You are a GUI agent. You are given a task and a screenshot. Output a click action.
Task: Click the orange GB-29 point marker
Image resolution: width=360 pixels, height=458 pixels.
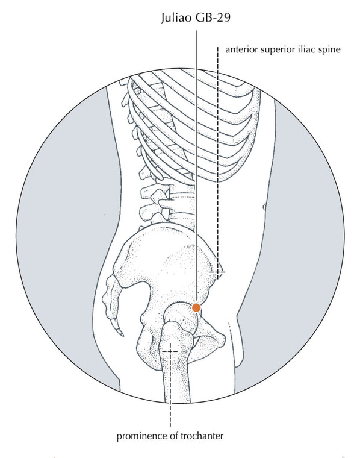click(196, 307)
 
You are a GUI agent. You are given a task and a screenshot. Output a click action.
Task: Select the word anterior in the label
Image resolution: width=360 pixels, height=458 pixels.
click(241, 49)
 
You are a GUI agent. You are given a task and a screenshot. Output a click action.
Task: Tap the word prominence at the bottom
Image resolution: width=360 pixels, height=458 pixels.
click(142, 437)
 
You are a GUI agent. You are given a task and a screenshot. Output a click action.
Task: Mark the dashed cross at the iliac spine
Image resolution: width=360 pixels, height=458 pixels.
click(218, 272)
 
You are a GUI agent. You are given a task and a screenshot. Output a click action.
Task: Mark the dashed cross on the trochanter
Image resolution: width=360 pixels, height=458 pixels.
click(170, 351)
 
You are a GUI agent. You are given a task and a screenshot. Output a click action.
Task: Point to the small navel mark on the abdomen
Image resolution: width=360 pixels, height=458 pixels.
click(264, 207)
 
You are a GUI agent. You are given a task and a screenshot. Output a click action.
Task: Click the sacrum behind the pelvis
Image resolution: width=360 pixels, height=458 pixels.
click(113, 295)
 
